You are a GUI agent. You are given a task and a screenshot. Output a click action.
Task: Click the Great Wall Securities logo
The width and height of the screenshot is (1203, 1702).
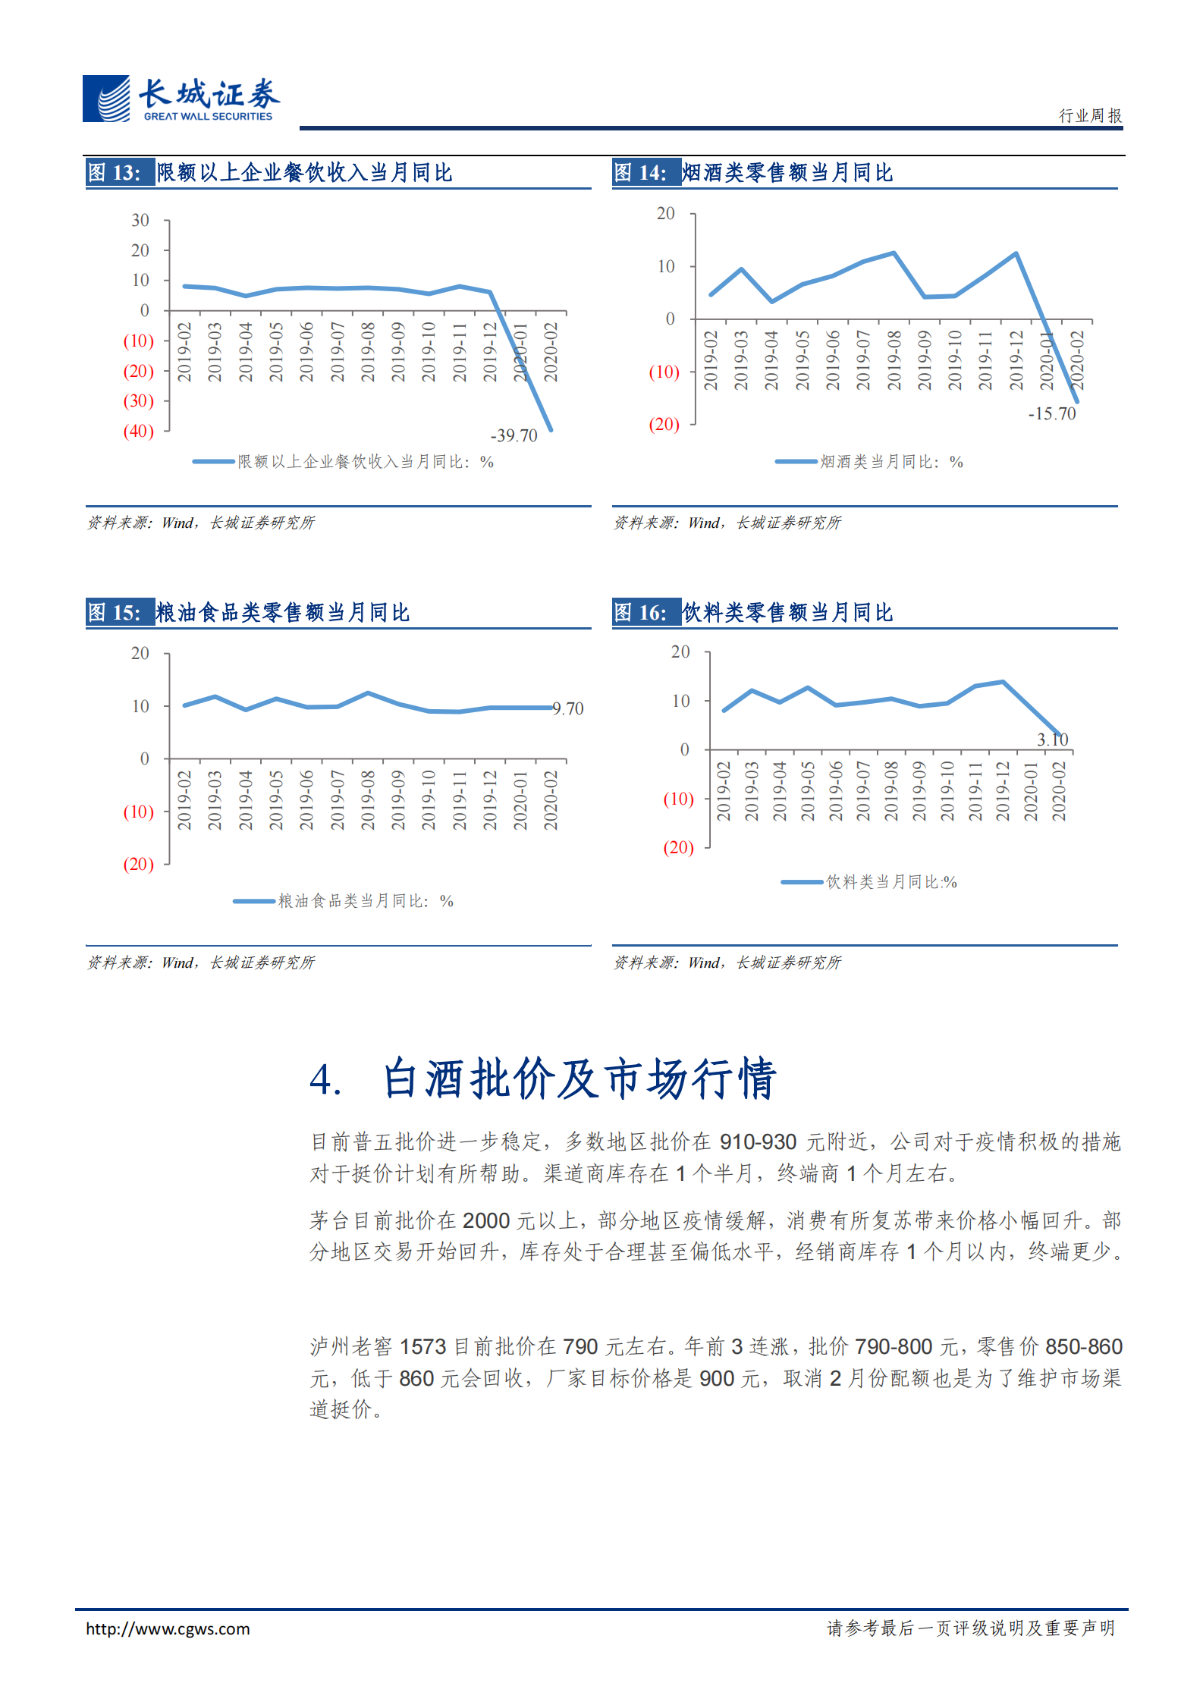pyautogui.click(x=181, y=99)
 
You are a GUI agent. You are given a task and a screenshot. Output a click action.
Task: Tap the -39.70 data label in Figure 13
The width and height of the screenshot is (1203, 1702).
pyautogui.click(x=514, y=435)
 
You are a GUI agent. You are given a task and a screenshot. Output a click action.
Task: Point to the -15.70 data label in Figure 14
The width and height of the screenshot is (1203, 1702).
pyautogui.click(x=1051, y=413)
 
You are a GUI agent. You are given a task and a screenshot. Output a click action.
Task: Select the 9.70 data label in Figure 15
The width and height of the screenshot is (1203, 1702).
pyautogui.click(x=568, y=708)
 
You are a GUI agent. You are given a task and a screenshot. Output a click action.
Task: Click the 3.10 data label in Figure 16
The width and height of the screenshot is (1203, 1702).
pyautogui.click(x=1052, y=740)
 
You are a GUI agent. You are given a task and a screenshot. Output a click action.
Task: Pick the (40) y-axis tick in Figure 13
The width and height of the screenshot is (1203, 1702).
pyautogui.click(x=138, y=431)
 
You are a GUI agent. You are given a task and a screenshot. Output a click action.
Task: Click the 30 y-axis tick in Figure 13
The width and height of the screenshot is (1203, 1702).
pyautogui.click(x=140, y=220)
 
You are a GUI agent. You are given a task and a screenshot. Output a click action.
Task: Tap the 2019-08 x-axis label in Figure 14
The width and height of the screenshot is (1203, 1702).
pyautogui.click(x=894, y=360)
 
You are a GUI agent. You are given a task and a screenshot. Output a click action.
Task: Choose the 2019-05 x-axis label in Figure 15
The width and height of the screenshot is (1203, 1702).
pyautogui.click(x=276, y=800)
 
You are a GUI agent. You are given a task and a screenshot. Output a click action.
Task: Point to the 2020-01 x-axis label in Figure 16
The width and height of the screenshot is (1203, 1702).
pyautogui.click(x=1031, y=791)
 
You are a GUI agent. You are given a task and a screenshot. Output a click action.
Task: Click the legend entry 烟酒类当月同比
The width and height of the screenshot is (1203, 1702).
pyautogui.click(x=890, y=462)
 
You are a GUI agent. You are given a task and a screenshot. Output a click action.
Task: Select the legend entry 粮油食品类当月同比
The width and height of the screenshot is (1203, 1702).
pyautogui.click(x=365, y=901)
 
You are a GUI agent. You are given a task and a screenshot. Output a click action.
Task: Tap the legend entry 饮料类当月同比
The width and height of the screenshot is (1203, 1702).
pyautogui.click(x=890, y=882)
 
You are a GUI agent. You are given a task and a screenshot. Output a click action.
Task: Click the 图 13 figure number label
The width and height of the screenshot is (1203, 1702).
pyautogui.click(x=115, y=173)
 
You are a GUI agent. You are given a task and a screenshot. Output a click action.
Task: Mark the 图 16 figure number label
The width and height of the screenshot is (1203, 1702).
pyautogui.click(x=641, y=613)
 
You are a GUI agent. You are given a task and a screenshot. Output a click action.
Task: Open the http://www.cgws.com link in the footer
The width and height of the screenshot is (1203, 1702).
pyautogui.click(x=168, y=1628)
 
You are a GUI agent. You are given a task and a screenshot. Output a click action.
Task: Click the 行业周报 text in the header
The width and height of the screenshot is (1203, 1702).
pyautogui.click(x=1090, y=115)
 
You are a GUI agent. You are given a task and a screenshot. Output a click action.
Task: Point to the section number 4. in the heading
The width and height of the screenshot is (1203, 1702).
pyautogui.click(x=325, y=1079)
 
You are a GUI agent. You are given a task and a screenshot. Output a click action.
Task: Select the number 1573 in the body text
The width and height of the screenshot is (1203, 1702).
pyautogui.click(x=422, y=1346)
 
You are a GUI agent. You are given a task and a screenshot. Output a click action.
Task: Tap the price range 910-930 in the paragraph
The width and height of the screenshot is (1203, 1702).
pyautogui.click(x=758, y=1141)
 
